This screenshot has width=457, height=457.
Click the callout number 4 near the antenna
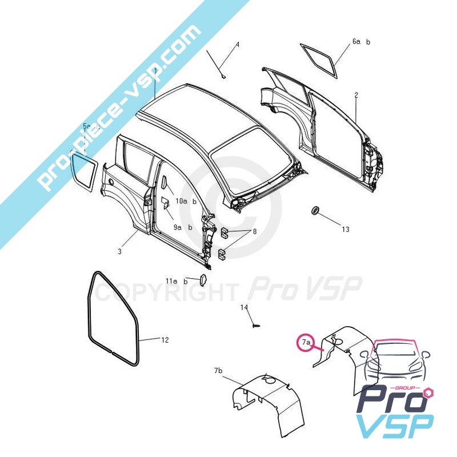238,45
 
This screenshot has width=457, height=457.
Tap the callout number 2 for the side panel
356,95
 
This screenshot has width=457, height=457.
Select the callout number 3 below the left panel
119,251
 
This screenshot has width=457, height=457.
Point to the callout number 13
346,230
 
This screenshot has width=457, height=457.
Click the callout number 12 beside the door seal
165,340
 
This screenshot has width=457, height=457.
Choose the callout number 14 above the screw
244,307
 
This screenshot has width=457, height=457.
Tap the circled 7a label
306,342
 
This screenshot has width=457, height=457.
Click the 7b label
218,371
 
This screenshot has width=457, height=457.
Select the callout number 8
255,232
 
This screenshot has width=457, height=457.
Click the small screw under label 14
256,325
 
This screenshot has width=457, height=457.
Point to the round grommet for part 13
315,210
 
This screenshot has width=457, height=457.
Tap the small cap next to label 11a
203,279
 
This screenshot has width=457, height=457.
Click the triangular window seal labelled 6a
319,61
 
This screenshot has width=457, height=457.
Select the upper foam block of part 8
224,232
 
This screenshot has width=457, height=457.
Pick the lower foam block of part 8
222,254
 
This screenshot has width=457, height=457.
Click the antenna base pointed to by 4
224,77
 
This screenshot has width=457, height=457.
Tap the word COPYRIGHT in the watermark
166,292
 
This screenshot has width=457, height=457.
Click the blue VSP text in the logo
395,426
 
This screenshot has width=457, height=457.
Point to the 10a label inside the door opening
181,201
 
